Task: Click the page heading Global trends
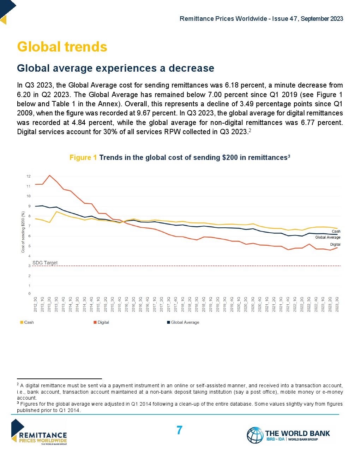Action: [x=62, y=47]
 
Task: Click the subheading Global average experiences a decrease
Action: [x=115, y=68]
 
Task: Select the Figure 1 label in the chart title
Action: [x=83, y=157]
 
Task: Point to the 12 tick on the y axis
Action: [x=29, y=176]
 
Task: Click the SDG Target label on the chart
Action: [x=45, y=263]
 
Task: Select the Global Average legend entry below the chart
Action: [x=183, y=322]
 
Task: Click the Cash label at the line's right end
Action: [x=336, y=232]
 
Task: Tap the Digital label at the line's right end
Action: [x=335, y=244]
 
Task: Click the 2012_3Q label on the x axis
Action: [x=36, y=304]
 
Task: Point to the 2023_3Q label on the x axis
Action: [x=337, y=304]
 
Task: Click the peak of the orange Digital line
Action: [x=50, y=175]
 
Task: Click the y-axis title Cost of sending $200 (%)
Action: [x=23, y=232]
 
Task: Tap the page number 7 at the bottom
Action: [x=179, y=430]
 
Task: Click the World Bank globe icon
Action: [x=255, y=435]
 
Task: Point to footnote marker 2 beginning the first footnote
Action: [x=18, y=384]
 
